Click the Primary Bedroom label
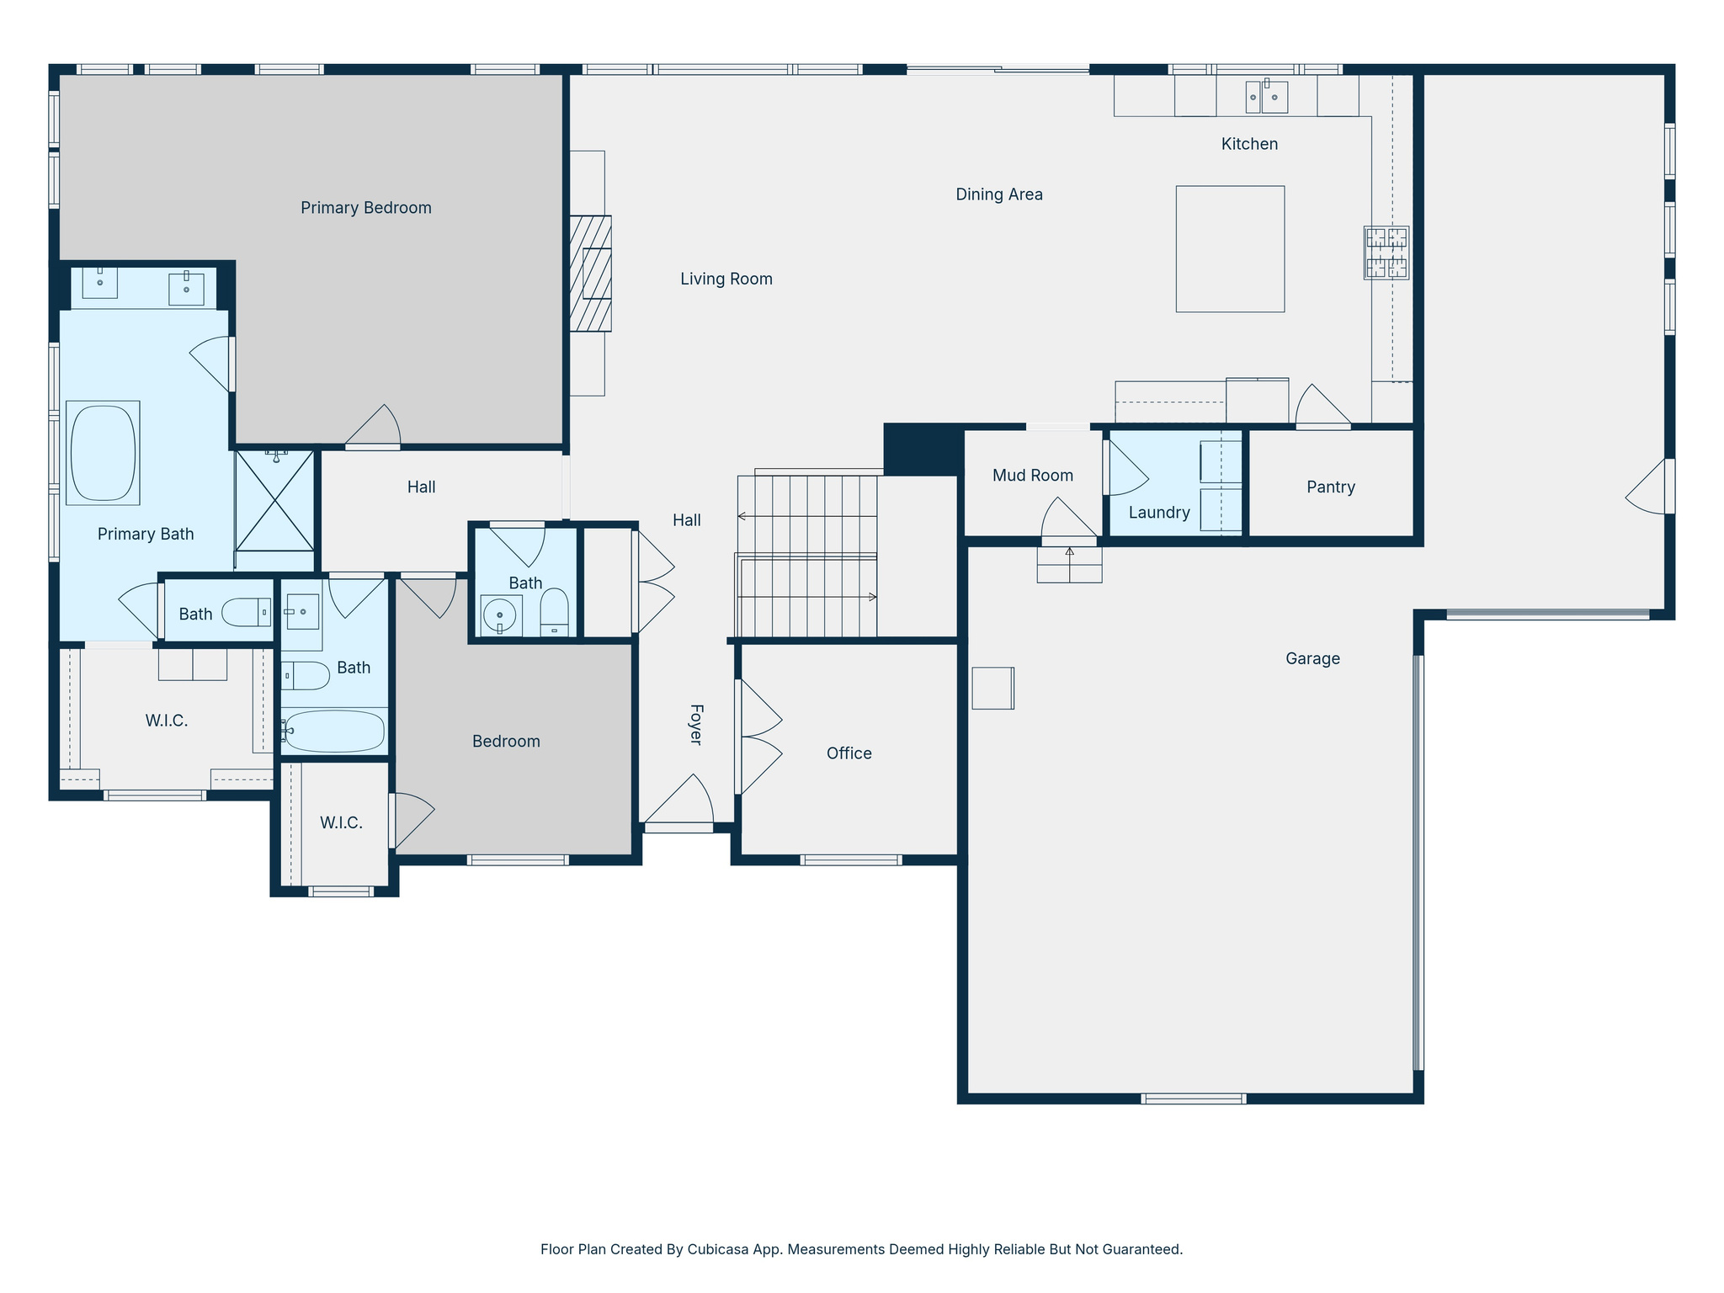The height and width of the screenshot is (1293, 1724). pyautogui.click(x=365, y=208)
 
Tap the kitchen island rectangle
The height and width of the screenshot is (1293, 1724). pyautogui.click(x=1230, y=249)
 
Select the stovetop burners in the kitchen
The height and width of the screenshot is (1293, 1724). pyautogui.click(x=1386, y=253)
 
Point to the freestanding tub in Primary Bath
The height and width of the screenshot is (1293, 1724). pyautogui.click(x=103, y=453)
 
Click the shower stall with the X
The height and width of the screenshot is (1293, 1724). pyautogui.click(x=274, y=501)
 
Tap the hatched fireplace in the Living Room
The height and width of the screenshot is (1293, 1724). pyautogui.click(x=590, y=274)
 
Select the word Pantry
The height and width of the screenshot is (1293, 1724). pyautogui.click(x=1330, y=487)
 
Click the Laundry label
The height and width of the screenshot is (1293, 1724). pyautogui.click(x=1158, y=513)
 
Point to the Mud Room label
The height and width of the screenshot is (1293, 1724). pyautogui.click(x=1032, y=476)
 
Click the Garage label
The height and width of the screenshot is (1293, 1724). pyautogui.click(x=1312, y=659)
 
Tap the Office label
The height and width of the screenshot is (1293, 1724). pyautogui.click(x=849, y=753)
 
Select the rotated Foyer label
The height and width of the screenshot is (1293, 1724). pyautogui.click(x=696, y=724)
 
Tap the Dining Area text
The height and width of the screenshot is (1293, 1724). pyautogui.click(x=998, y=194)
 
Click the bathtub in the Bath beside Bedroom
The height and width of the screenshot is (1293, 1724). pyautogui.click(x=334, y=731)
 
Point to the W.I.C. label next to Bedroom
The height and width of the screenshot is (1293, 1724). pyautogui.click(x=341, y=822)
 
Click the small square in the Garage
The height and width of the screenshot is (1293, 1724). pyautogui.click(x=992, y=688)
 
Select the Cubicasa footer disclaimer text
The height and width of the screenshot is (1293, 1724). pyautogui.click(x=861, y=1249)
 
